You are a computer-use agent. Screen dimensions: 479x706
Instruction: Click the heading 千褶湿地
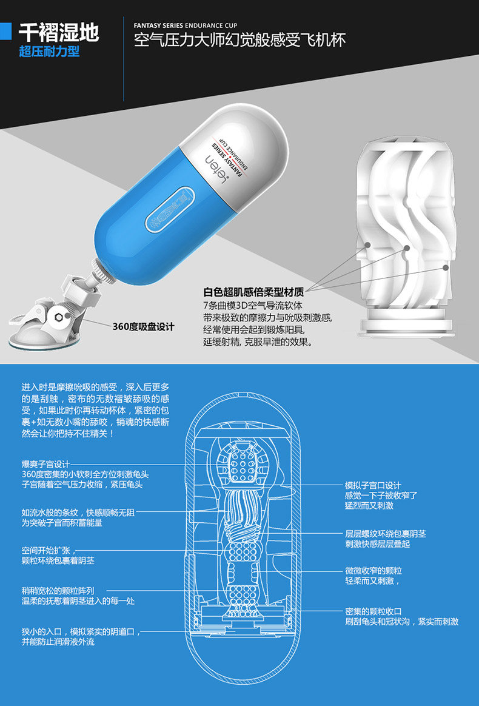tap(59, 32)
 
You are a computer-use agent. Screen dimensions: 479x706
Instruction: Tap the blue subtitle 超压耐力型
tap(50, 52)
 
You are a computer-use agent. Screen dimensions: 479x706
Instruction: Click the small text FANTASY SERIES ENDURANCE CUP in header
tap(186, 25)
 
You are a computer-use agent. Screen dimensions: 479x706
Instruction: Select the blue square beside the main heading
tap(5, 32)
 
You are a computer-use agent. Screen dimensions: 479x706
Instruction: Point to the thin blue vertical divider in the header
tap(124, 59)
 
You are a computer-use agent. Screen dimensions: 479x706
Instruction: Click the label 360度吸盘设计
tap(143, 327)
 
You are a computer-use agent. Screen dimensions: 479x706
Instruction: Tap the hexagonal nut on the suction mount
tap(59, 317)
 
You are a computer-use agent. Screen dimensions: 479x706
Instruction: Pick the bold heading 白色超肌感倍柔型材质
tap(253, 292)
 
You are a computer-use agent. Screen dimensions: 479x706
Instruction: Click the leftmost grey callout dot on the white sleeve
tap(368, 245)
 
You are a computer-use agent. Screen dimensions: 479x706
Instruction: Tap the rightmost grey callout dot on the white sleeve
tap(446, 267)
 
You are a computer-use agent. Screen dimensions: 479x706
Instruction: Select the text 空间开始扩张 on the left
tap(47, 550)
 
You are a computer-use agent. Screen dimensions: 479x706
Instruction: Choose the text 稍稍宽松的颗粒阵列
tap(58, 591)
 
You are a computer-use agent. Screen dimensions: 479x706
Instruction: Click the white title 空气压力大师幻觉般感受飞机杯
tap(240, 41)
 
